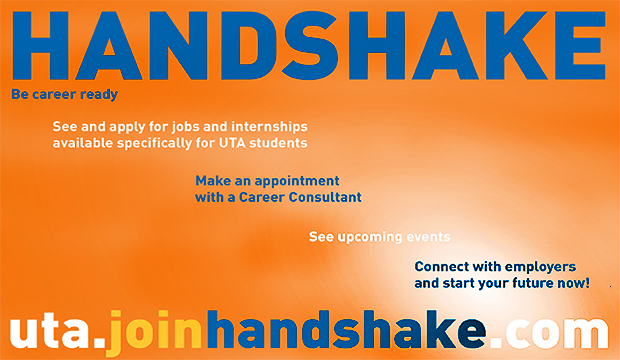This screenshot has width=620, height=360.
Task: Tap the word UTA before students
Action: [x=239, y=144]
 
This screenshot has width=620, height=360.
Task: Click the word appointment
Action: [x=289, y=181]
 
